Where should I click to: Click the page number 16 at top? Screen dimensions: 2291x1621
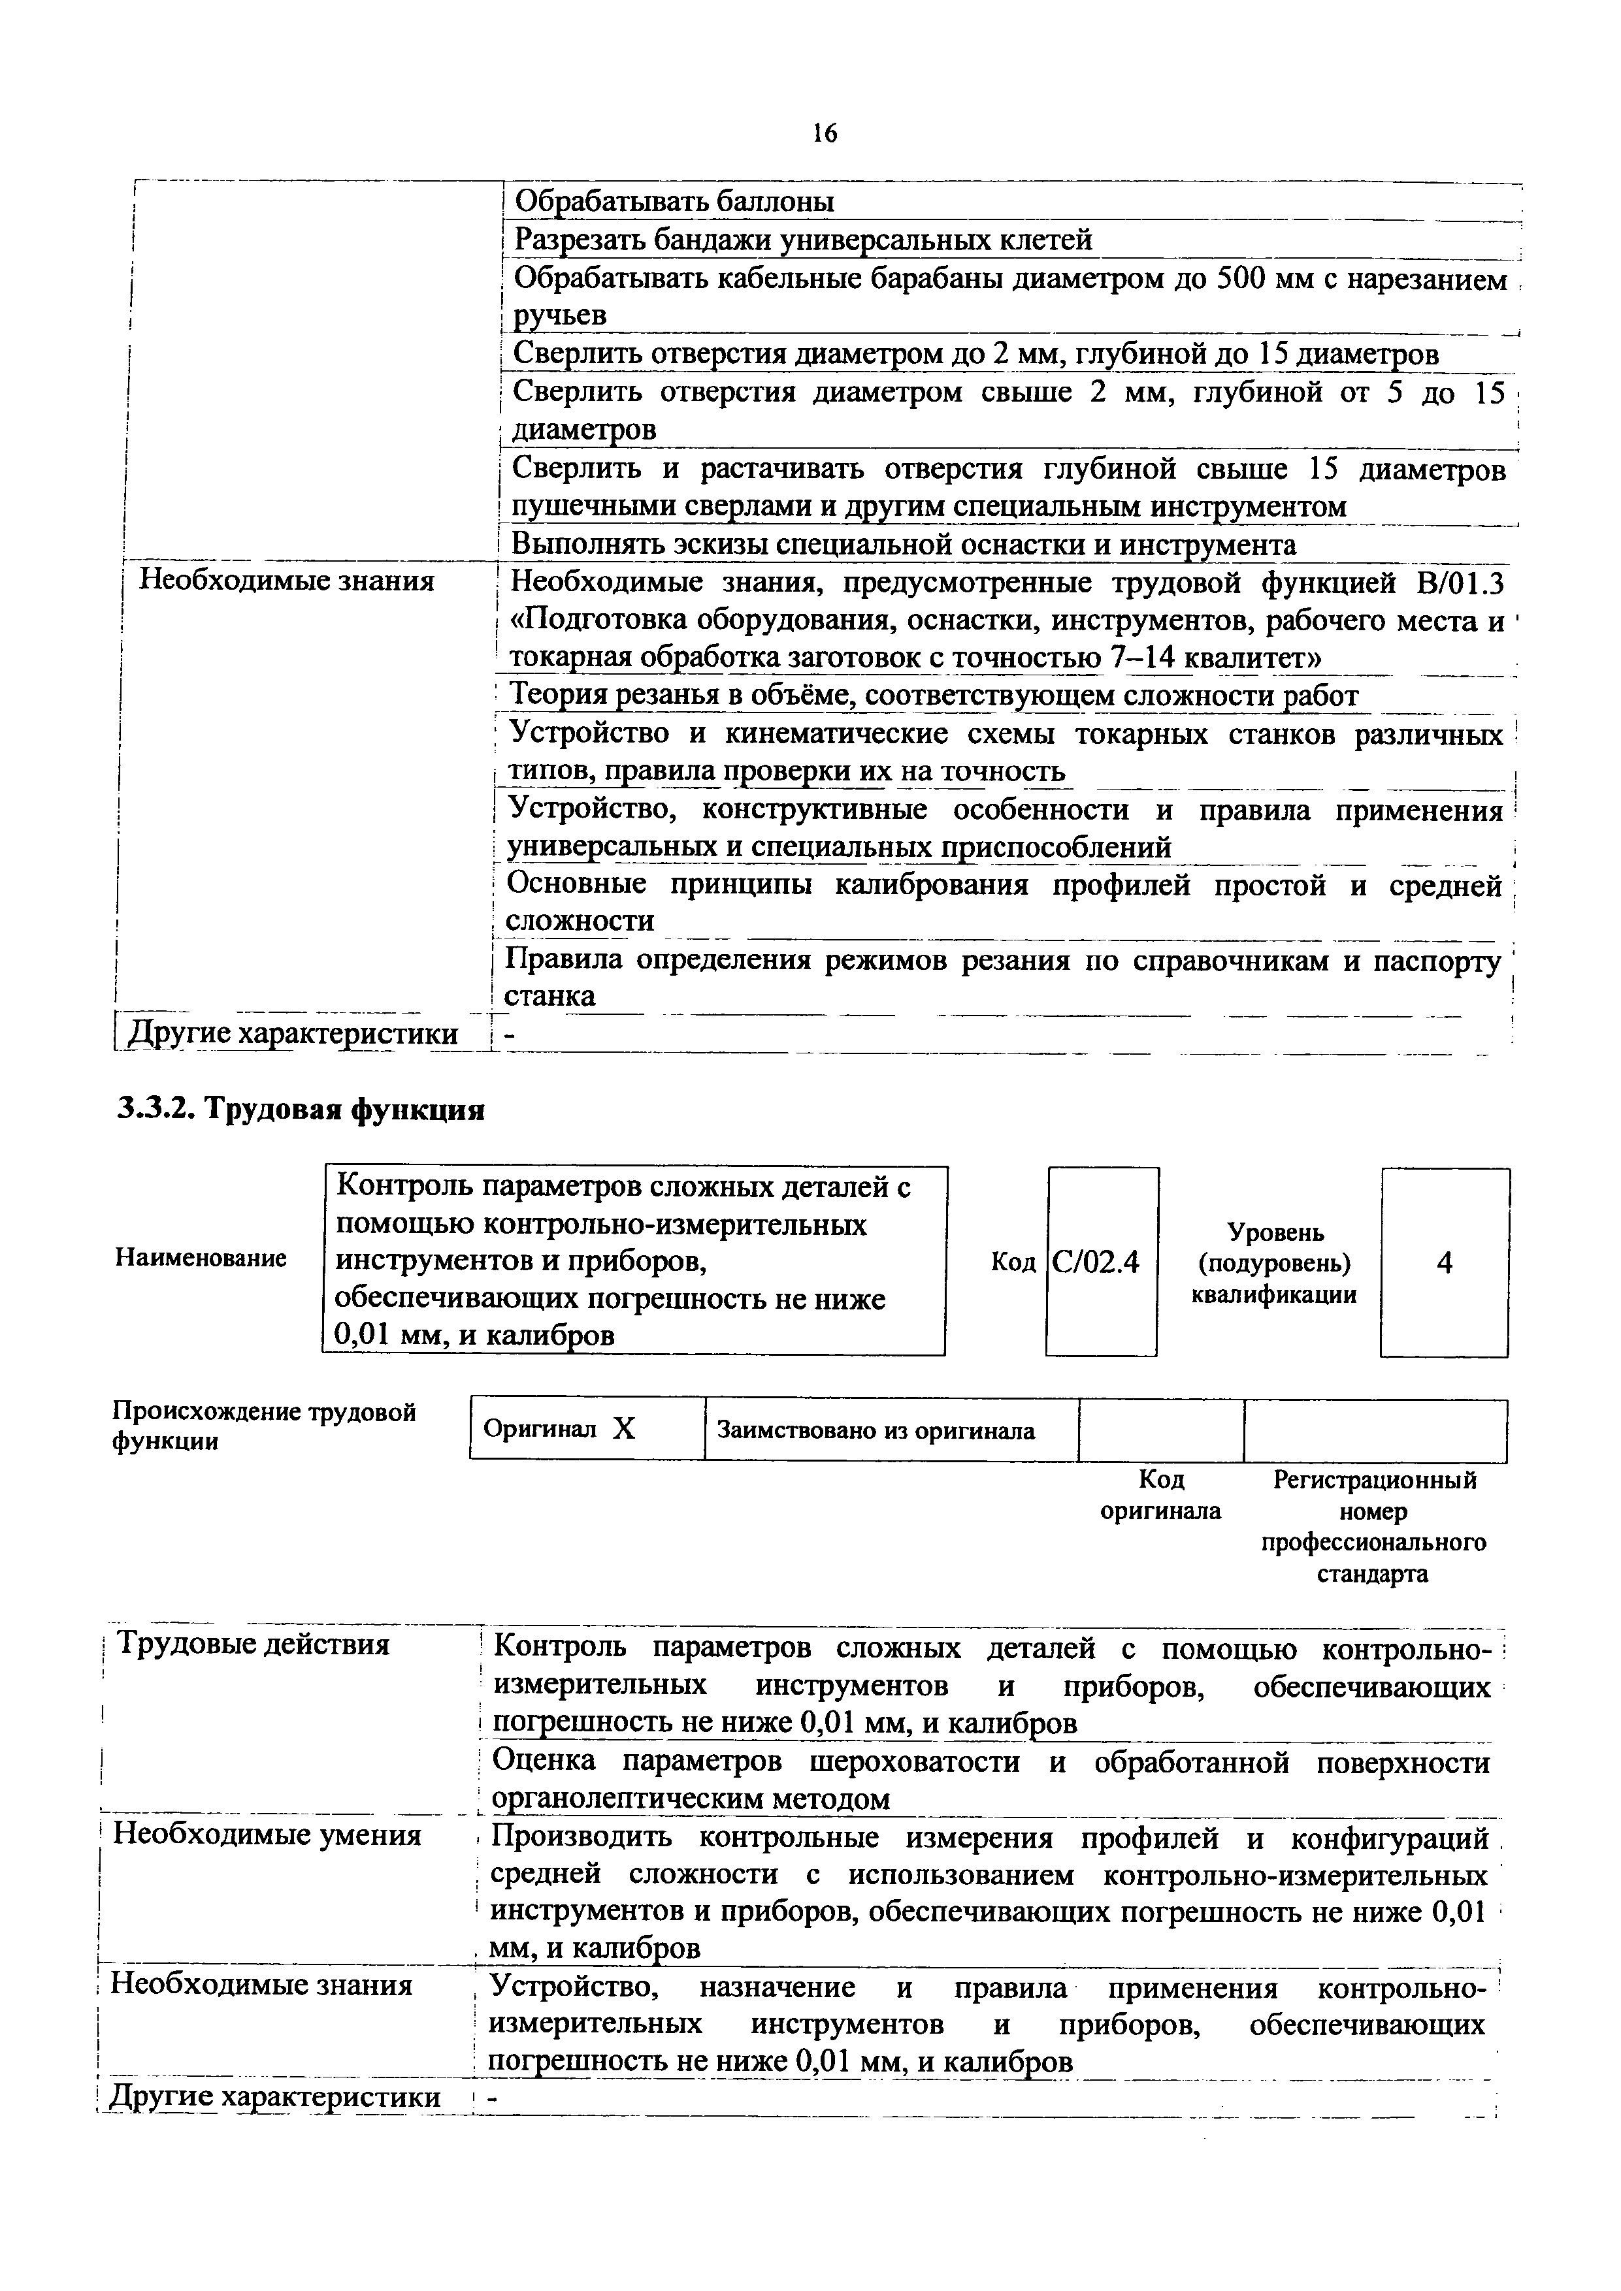(825, 133)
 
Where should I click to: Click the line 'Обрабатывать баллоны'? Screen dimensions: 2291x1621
(674, 202)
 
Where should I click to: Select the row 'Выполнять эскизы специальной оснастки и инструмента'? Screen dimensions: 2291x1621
(904, 545)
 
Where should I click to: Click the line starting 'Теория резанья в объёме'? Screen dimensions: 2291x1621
(933, 696)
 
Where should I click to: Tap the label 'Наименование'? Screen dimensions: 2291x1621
(201, 1258)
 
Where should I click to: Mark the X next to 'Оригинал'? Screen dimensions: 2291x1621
(624, 1430)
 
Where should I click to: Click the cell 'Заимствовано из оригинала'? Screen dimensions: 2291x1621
(876, 1431)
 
